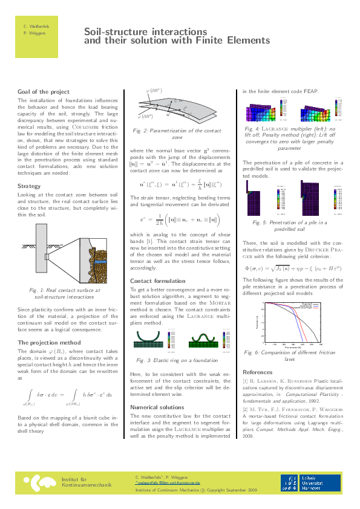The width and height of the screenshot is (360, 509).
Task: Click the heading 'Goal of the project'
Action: click(44, 91)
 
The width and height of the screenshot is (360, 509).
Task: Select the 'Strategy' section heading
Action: click(30, 186)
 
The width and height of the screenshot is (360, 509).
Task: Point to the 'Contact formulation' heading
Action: click(159, 281)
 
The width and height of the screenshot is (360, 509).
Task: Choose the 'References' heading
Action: click(258, 371)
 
